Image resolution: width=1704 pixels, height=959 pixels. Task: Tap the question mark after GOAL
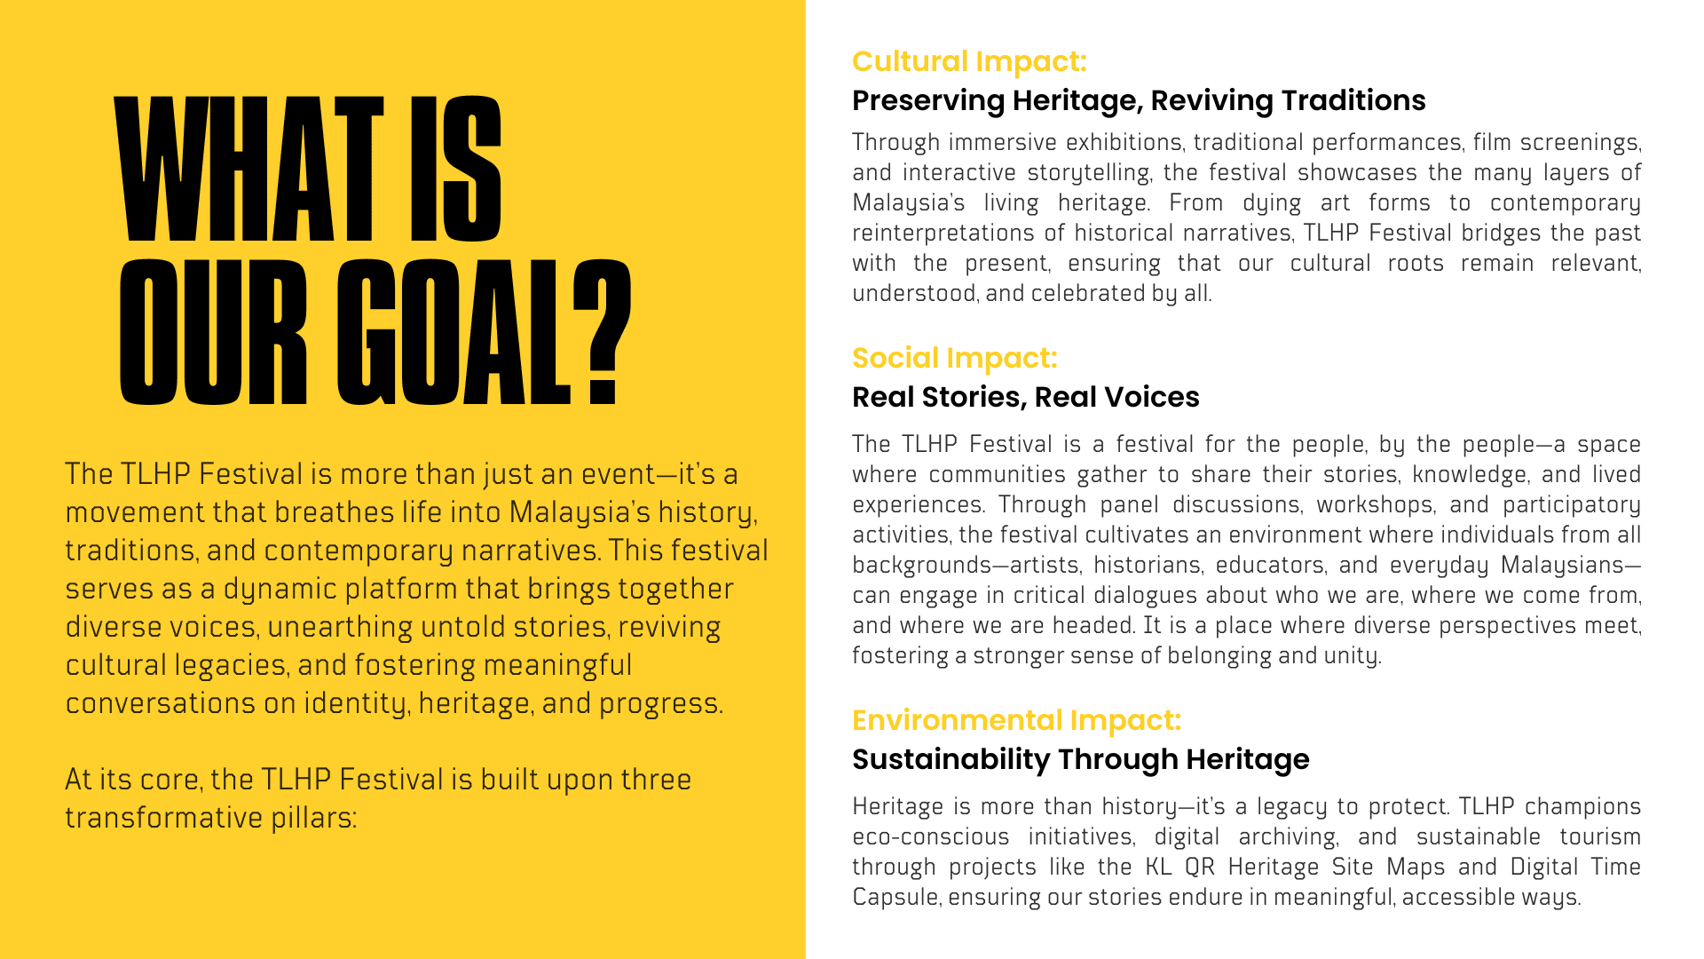pyautogui.click(x=602, y=332)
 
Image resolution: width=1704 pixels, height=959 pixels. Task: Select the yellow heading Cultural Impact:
pyautogui.click(x=969, y=61)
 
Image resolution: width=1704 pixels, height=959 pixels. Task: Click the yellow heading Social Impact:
pyautogui.click(x=955, y=358)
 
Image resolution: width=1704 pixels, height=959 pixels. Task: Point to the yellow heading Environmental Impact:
pyautogui.click(x=1017, y=720)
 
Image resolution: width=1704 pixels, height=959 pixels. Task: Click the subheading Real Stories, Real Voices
pyautogui.click(x=1026, y=397)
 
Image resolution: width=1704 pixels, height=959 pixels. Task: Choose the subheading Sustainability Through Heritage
pyautogui.click(x=1081, y=759)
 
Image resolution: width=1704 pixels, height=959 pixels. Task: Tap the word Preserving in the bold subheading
pyautogui.click(x=928, y=101)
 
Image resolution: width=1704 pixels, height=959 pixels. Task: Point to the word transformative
pyautogui.click(x=163, y=818)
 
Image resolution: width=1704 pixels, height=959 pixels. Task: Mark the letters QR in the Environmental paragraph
pyautogui.click(x=1200, y=868)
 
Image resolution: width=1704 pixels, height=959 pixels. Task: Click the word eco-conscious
pyautogui.click(x=931, y=837)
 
